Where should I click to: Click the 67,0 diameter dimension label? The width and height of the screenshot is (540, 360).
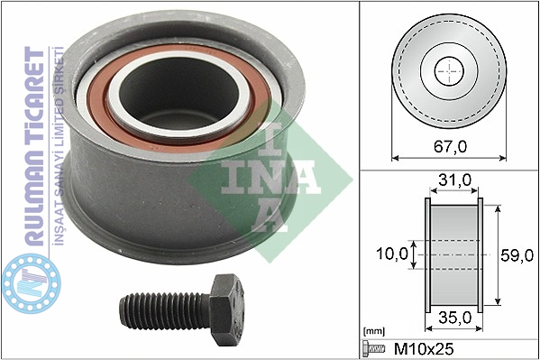click(x=450, y=147)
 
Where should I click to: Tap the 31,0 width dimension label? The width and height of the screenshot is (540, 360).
click(x=454, y=180)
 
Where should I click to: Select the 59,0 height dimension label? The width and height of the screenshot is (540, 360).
click(x=517, y=255)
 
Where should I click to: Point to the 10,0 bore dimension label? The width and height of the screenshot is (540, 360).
click(x=392, y=254)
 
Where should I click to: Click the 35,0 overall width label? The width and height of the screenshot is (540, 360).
click(x=454, y=318)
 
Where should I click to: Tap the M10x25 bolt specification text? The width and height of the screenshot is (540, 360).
click(x=424, y=349)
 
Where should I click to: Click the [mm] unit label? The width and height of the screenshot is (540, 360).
click(x=374, y=331)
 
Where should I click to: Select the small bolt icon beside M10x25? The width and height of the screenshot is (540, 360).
click(x=373, y=349)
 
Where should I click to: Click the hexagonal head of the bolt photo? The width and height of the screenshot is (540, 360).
click(x=226, y=309)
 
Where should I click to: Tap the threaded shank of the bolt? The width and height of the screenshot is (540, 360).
click(x=165, y=310)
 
